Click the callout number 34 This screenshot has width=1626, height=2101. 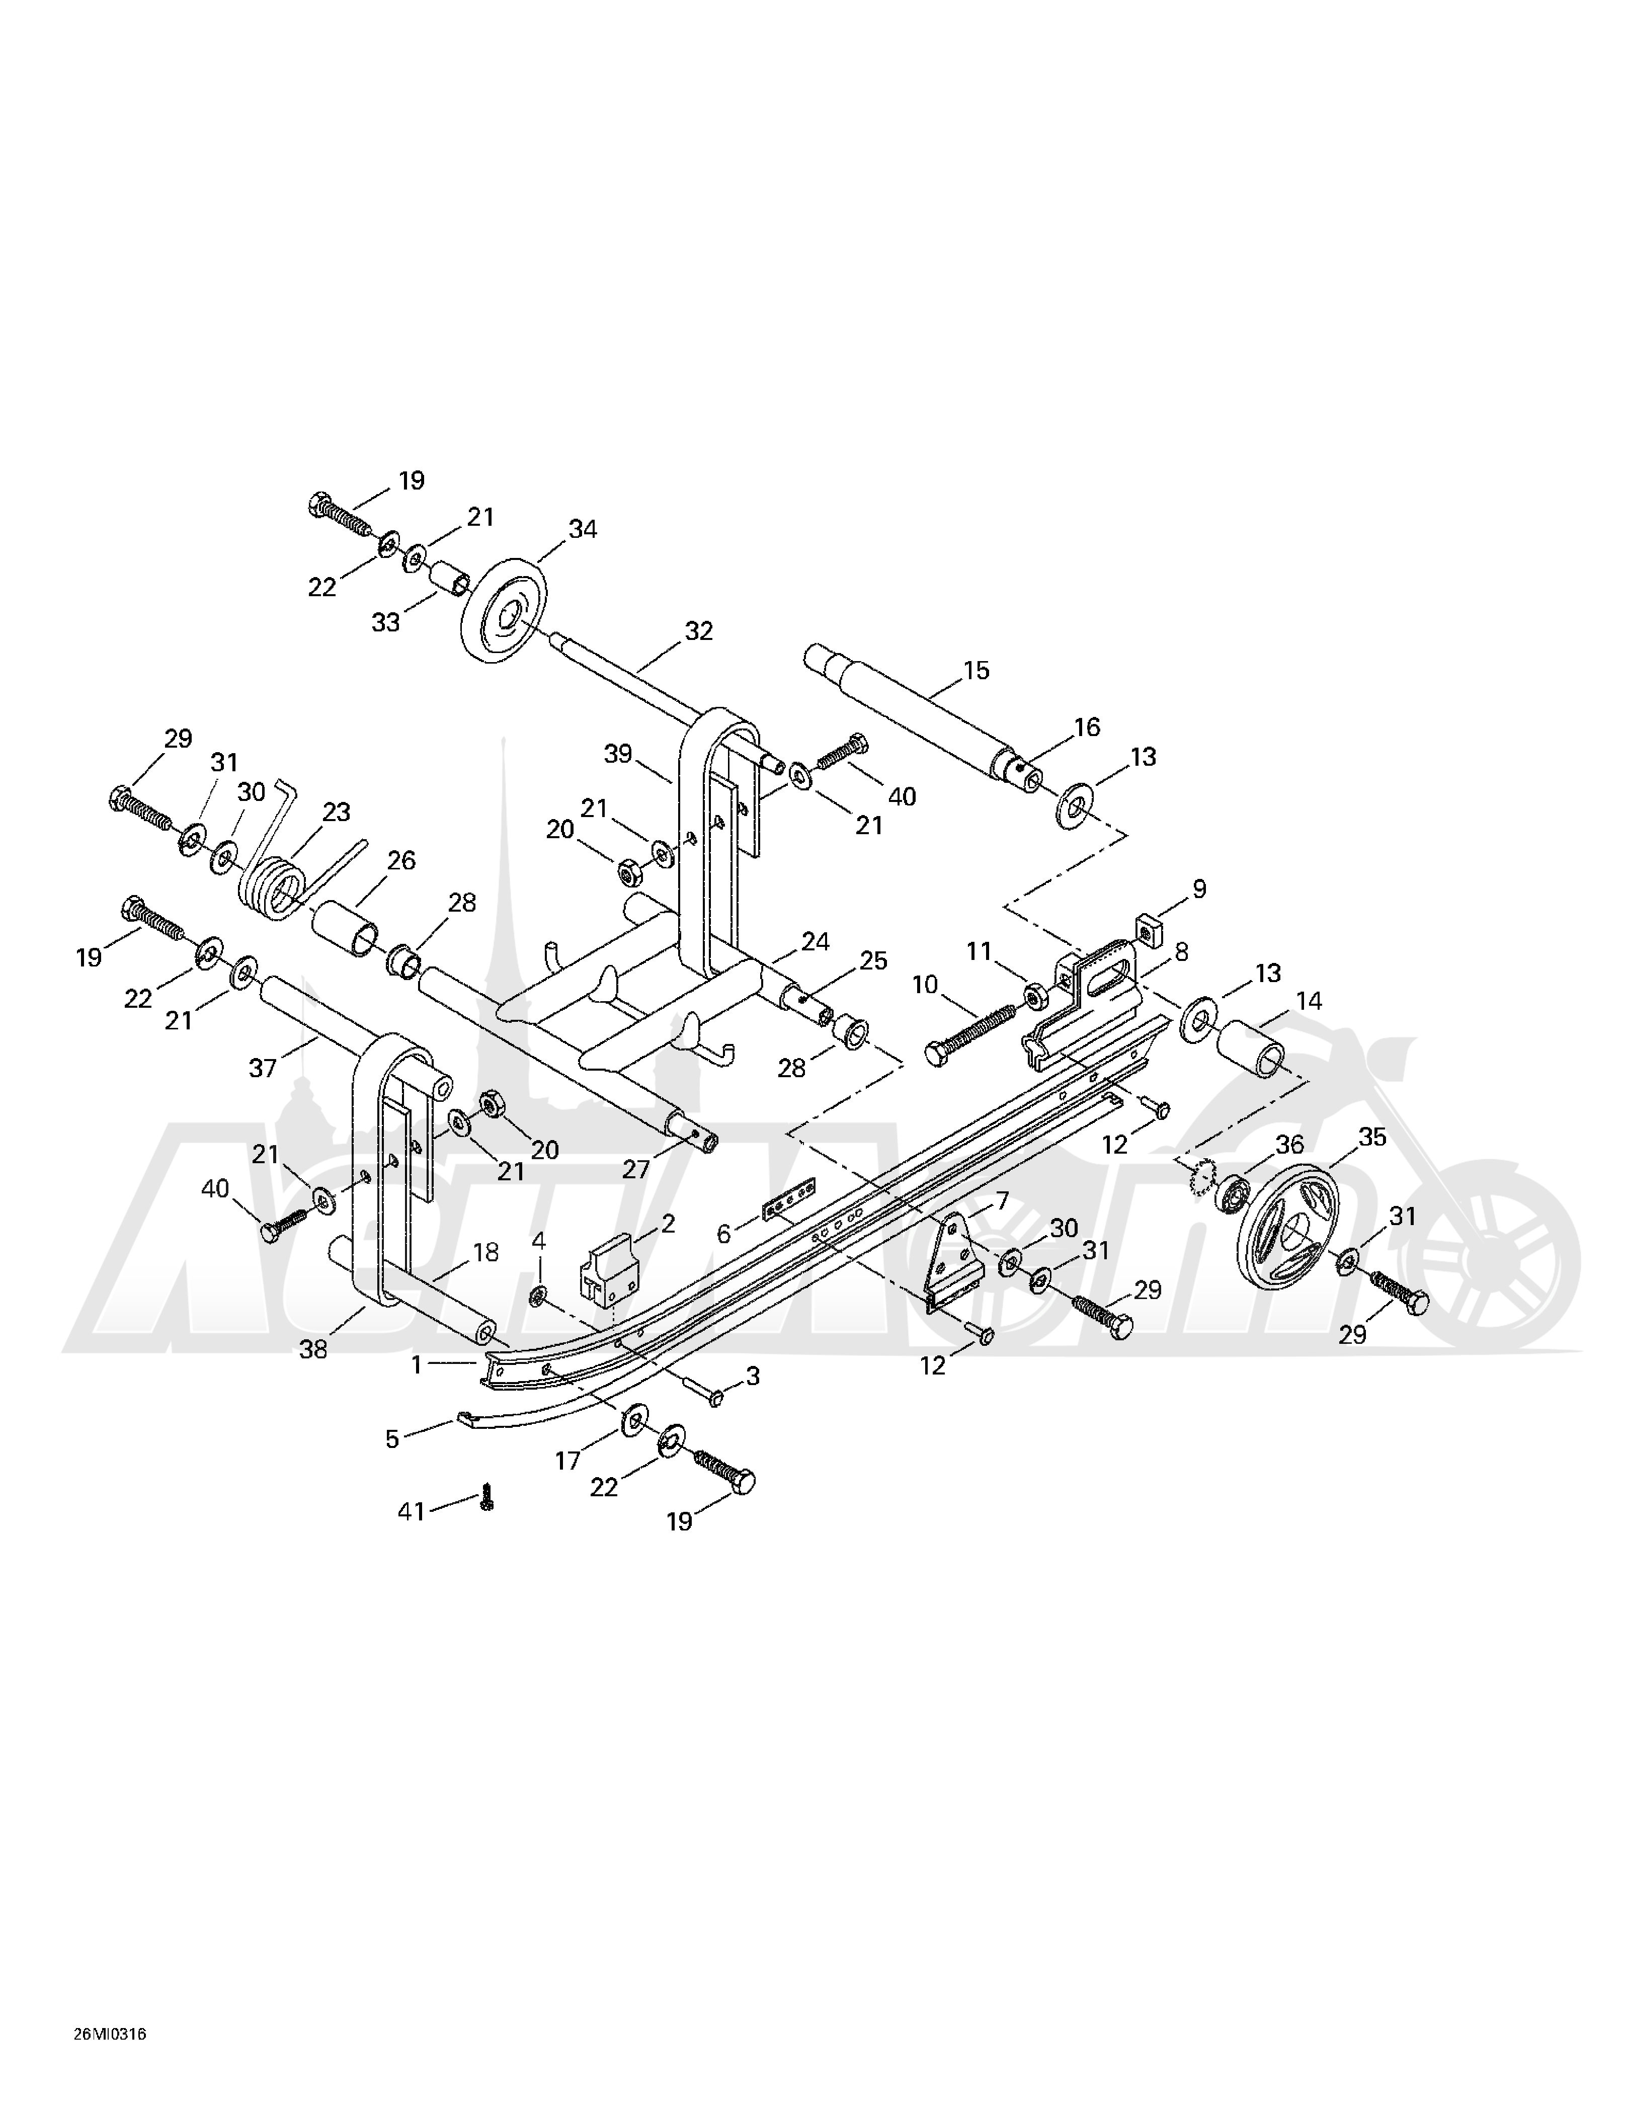pyautogui.click(x=582, y=529)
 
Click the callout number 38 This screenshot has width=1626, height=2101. pyautogui.click(x=313, y=1350)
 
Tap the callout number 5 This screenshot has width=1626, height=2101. pyautogui.click(x=391, y=1439)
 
